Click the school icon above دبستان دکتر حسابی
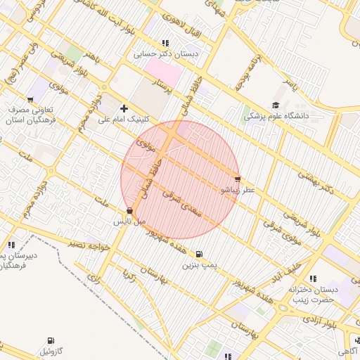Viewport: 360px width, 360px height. pos(165,43)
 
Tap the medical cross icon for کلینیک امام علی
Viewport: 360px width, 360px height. pos(124,108)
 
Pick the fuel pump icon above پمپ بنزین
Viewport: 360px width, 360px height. pos(200,254)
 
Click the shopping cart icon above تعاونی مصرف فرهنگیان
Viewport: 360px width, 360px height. pos(30,100)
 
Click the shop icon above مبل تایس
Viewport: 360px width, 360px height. pos(129,210)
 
